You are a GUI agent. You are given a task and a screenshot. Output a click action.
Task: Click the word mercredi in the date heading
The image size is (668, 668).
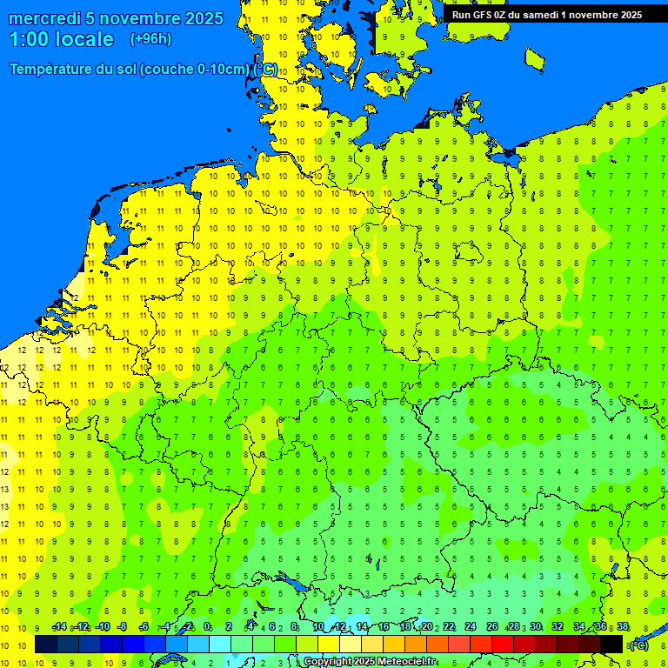[x=45, y=18]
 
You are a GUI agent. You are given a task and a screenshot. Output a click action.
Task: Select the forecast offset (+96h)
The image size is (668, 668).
[x=150, y=39]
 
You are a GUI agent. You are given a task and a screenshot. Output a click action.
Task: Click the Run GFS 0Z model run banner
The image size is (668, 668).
[x=546, y=14]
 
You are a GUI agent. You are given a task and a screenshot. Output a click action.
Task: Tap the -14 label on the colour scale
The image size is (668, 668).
[x=59, y=627]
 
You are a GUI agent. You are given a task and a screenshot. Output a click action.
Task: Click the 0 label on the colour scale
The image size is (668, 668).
[x=207, y=627]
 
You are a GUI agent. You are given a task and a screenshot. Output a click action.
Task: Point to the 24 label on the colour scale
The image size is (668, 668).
[x=471, y=627]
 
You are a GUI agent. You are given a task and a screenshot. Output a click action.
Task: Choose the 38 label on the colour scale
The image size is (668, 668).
[x=623, y=627]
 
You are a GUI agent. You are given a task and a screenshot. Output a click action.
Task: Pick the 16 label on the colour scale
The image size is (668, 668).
[x=383, y=627]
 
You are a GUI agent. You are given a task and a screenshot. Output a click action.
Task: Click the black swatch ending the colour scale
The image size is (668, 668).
[x=611, y=645]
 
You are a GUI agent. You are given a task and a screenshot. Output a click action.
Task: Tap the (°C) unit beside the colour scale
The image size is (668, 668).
[x=639, y=645]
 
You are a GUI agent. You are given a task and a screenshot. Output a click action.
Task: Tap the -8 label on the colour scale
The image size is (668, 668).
[x=123, y=627]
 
